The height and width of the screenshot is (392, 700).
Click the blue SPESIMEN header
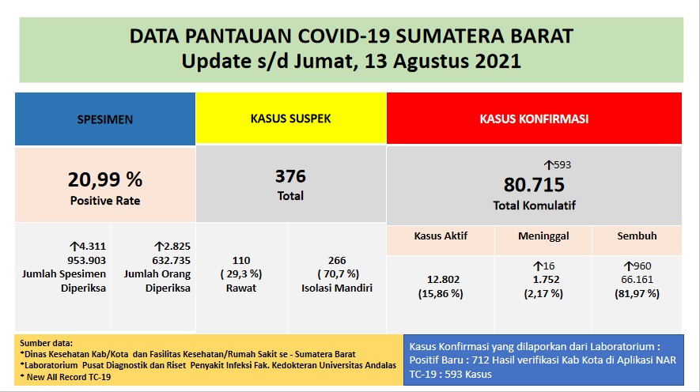[x=104, y=120]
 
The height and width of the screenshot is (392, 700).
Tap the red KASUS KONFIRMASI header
[x=534, y=119]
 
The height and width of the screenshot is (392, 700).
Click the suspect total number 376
[x=290, y=176]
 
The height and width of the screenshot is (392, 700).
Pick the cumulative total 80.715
[x=534, y=185]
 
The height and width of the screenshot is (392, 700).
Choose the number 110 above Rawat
[x=241, y=259]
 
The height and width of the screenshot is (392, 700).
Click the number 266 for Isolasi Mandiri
[x=336, y=259]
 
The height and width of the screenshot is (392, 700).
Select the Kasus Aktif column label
[x=441, y=236]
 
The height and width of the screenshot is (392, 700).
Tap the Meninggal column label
[x=543, y=236]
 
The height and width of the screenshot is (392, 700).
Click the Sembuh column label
[x=638, y=236]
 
